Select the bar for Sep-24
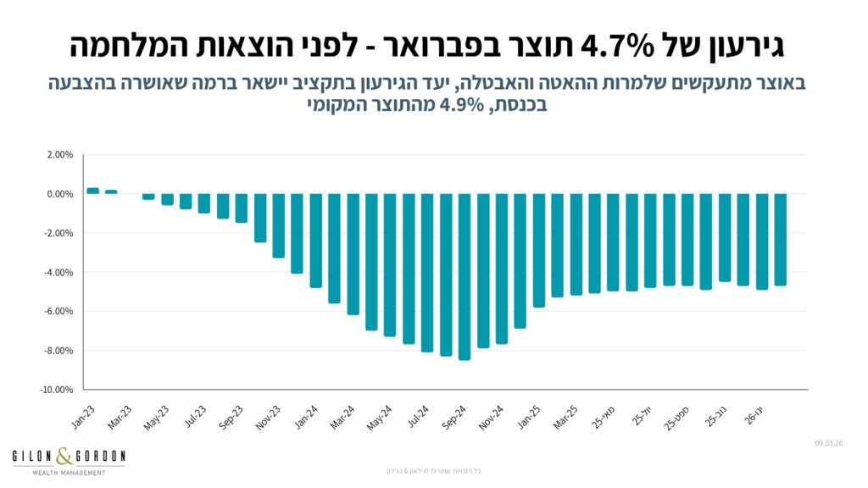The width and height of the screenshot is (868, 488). (x=465, y=276)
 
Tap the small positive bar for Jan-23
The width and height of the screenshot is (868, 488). (x=92, y=191)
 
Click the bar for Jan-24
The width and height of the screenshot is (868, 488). (x=315, y=241)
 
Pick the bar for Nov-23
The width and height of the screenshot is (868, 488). (x=278, y=225)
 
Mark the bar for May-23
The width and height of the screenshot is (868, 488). (x=167, y=199)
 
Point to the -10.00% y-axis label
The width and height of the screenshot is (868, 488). (x=57, y=390)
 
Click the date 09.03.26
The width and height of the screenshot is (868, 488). (x=831, y=443)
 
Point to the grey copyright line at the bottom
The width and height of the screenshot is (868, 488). (x=433, y=470)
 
